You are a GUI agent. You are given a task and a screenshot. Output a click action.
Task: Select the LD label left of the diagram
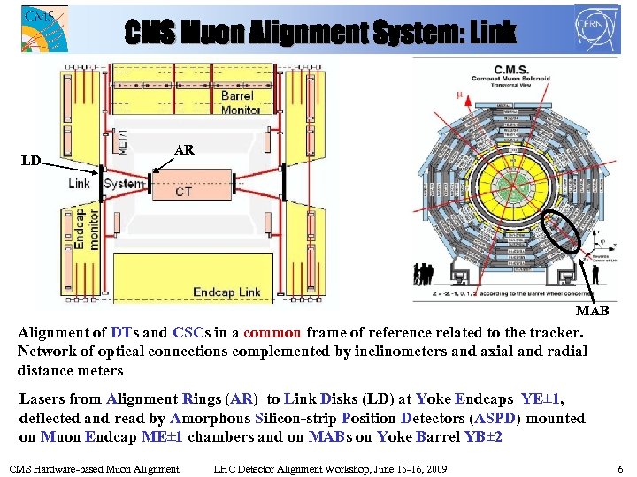coord(31,161)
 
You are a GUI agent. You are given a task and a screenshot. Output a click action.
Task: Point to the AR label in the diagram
coord(184,150)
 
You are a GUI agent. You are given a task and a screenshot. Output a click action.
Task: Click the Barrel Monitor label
coord(236,102)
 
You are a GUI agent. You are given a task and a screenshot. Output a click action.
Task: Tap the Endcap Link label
coord(226,291)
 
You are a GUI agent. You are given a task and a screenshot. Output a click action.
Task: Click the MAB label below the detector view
coord(592,311)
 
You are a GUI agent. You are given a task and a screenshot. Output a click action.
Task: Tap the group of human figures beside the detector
coord(426,273)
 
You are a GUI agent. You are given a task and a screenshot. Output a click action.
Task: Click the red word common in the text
coord(272,333)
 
